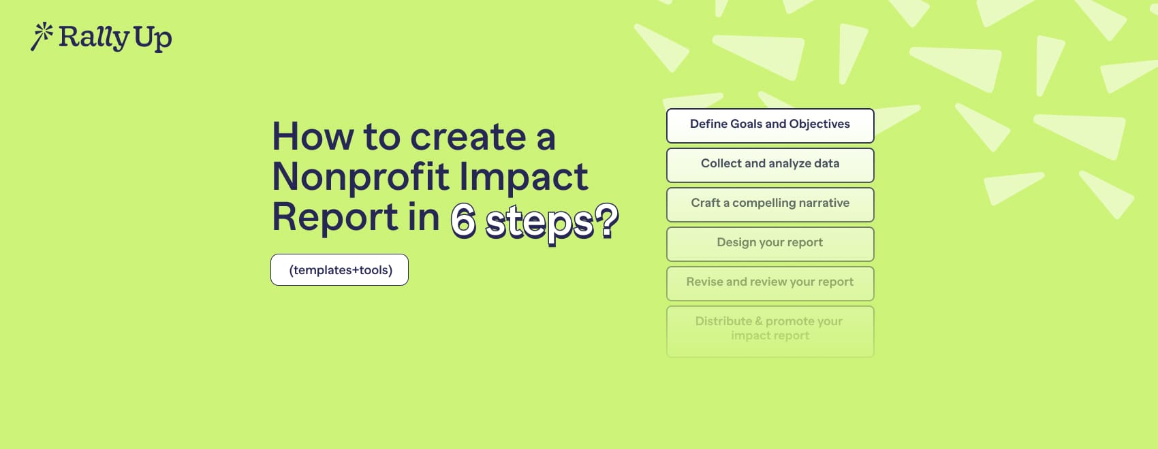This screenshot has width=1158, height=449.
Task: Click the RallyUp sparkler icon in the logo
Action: tap(42, 36)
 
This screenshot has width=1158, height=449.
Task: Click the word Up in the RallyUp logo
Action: tap(153, 38)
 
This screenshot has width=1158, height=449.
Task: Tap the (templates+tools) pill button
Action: tap(339, 270)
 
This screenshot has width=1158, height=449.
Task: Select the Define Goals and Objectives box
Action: tap(770, 125)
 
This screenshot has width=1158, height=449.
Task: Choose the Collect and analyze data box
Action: tap(770, 165)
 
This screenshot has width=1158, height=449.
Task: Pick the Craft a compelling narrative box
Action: tap(770, 204)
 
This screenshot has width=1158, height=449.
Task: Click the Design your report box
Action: tap(770, 244)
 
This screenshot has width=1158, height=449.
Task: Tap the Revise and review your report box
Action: tap(770, 283)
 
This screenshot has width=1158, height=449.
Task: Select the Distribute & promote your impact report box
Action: tap(770, 331)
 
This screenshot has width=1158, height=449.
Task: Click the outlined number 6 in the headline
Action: tap(463, 221)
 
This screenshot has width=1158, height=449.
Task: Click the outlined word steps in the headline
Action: tap(539, 222)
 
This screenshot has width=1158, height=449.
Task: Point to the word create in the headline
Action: tap(468, 137)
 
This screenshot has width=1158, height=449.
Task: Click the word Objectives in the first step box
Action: tap(819, 124)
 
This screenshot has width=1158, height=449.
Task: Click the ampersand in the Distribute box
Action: tap(759, 321)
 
